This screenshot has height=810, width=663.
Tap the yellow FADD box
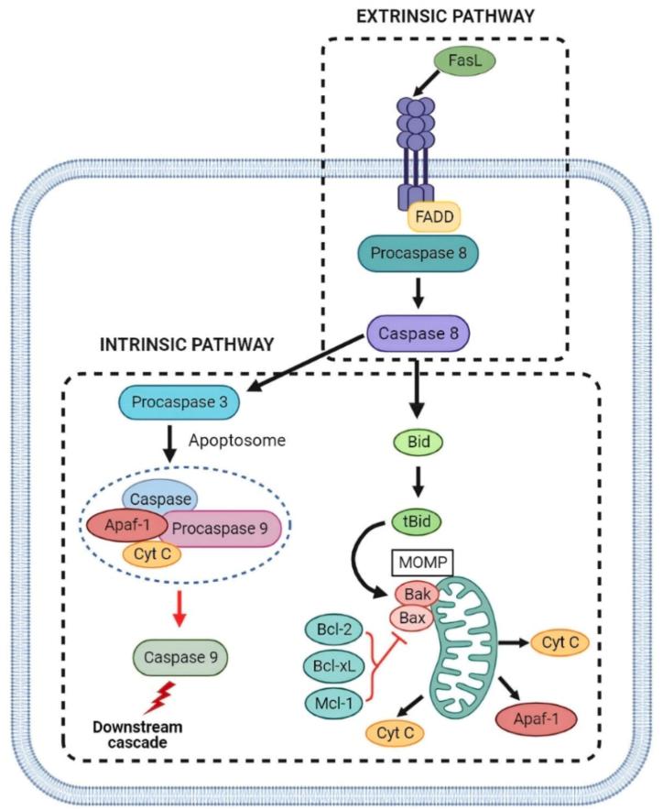(433, 216)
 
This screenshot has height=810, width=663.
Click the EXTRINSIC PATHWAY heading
(445, 16)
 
